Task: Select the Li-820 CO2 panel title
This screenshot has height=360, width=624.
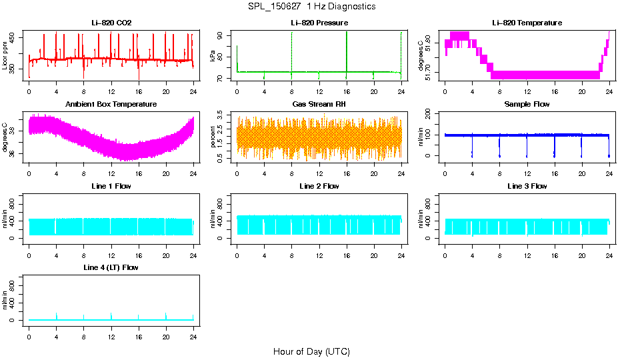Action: [x=111, y=23]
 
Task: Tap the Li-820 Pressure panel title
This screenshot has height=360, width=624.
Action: [x=319, y=23]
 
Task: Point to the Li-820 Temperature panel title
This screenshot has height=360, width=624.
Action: [x=527, y=23]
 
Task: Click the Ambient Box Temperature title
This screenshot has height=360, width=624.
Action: [x=111, y=105]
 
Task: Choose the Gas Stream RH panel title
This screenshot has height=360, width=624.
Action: [x=319, y=105]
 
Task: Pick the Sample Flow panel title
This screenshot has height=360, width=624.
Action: [x=527, y=105]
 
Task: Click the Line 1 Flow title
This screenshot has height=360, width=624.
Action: [x=111, y=186]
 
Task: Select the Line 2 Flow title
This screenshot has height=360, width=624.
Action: [x=319, y=186]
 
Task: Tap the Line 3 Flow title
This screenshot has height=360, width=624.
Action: [x=527, y=186]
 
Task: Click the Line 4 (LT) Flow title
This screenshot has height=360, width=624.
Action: [x=111, y=267]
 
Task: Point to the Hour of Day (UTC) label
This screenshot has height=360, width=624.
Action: [x=311, y=351]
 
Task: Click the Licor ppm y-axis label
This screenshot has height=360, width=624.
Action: [x=5, y=55]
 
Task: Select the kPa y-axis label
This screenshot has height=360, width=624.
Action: [x=213, y=55]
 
